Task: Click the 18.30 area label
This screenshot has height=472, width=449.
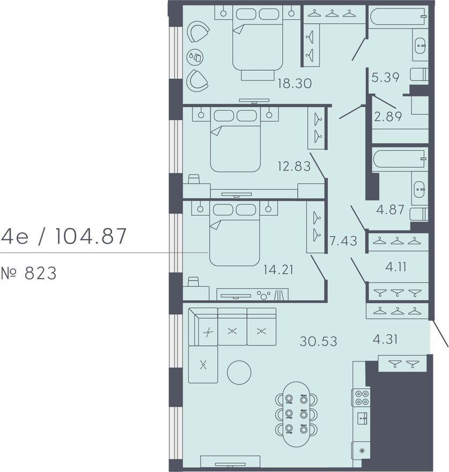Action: pos(295,83)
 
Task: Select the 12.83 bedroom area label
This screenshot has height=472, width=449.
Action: pos(294,166)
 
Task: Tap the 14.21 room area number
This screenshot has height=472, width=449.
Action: pos(278,270)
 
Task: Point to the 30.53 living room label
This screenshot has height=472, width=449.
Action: pos(318,341)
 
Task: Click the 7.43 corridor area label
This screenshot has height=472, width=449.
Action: pos(344,241)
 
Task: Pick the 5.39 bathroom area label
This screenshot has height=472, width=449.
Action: pos(386,77)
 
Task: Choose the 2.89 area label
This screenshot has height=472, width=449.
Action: pos(388,116)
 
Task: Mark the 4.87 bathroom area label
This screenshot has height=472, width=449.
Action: pos(391,210)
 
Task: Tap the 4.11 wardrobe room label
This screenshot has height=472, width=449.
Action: pos(396,267)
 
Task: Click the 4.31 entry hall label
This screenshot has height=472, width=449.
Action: pos(385,340)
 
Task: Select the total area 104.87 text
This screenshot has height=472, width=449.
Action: pos(90,237)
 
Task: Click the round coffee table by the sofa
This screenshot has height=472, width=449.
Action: pos(239,372)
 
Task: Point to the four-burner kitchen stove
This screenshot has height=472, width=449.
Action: pos(361,397)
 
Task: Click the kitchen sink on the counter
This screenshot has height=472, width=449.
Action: pos(362,418)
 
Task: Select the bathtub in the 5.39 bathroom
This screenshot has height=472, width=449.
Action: pos(398,17)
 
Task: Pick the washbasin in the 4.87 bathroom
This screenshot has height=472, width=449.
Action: pos(420,189)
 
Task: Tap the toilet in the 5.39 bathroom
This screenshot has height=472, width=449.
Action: pos(419,75)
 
